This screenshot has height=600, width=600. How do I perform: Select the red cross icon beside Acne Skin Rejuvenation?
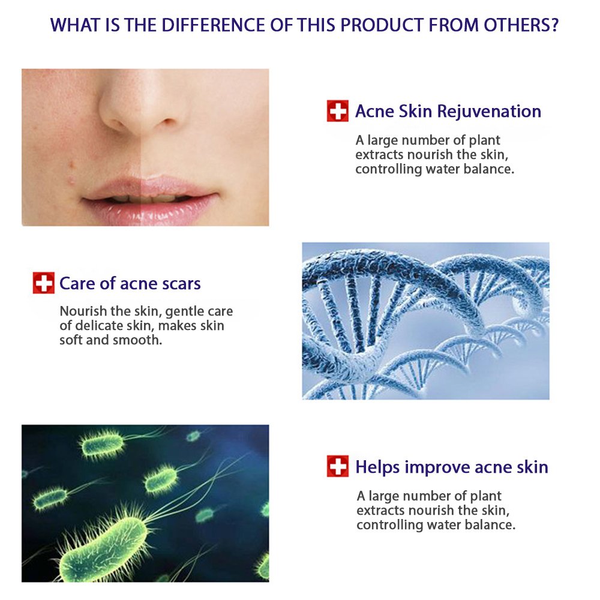pos(337,111)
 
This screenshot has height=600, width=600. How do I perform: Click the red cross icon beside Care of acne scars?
pos(43,283)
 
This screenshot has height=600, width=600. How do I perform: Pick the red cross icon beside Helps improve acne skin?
pos(337,466)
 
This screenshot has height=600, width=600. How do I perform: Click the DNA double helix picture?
pos(425,320)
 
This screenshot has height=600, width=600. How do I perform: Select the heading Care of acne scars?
pos(130,283)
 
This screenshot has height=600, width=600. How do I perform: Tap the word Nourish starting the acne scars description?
pos(80,311)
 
